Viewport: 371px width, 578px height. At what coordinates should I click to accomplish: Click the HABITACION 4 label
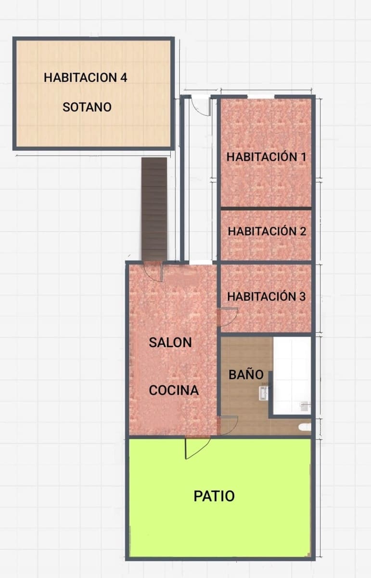click(86, 78)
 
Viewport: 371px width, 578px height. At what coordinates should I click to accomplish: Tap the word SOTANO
click(87, 107)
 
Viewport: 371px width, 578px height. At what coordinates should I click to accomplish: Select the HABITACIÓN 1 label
click(267, 157)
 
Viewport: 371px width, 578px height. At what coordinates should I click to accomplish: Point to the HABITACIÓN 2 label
click(267, 231)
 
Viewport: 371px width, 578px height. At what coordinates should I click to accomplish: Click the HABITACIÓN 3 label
click(266, 296)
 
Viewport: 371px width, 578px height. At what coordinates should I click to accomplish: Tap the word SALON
click(170, 343)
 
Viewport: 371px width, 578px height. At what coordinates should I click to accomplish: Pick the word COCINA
click(174, 390)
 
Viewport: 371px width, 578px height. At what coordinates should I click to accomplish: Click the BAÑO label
click(246, 375)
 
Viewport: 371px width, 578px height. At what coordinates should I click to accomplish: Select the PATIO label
click(214, 496)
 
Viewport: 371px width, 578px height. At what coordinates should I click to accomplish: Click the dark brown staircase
click(154, 210)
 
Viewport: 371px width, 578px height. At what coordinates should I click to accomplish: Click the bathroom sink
click(264, 393)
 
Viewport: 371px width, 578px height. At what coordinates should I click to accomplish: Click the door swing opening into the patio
click(196, 447)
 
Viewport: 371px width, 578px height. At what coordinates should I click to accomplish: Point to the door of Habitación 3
click(228, 316)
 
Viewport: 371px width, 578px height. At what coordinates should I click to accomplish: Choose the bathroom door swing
click(229, 424)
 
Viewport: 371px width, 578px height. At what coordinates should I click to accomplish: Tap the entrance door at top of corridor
click(201, 106)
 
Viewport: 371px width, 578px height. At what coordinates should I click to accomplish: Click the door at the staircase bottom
click(153, 272)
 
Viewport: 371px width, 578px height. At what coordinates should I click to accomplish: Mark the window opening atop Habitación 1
click(261, 97)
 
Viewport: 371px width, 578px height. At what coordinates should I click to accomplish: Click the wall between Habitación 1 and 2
click(266, 208)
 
